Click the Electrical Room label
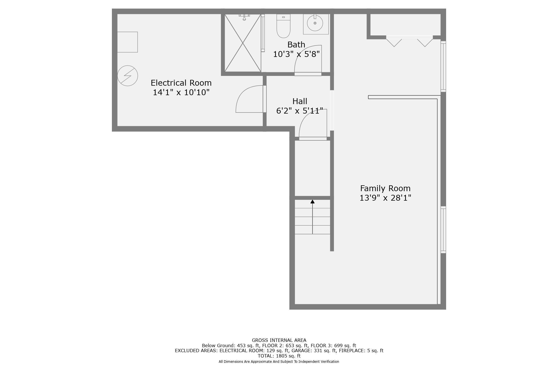click(x=181, y=83)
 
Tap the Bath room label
click(x=296, y=45)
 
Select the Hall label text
click(x=300, y=101)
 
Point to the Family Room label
click(x=385, y=188)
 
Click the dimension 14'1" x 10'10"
click(x=181, y=92)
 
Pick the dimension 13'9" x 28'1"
click(x=385, y=198)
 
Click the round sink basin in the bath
click(x=315, y=23)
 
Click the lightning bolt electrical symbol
click(x=128, y=76)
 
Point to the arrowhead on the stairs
click(x=312, y=201)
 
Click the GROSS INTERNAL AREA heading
click(x=279, y=340)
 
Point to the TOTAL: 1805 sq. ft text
click(x=279, y=356)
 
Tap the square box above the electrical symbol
click(x=127, y=42)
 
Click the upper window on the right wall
click(x=443, y=66)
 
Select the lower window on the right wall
click(x=443, y=230)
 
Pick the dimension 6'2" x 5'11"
click(x=300, y=111)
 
